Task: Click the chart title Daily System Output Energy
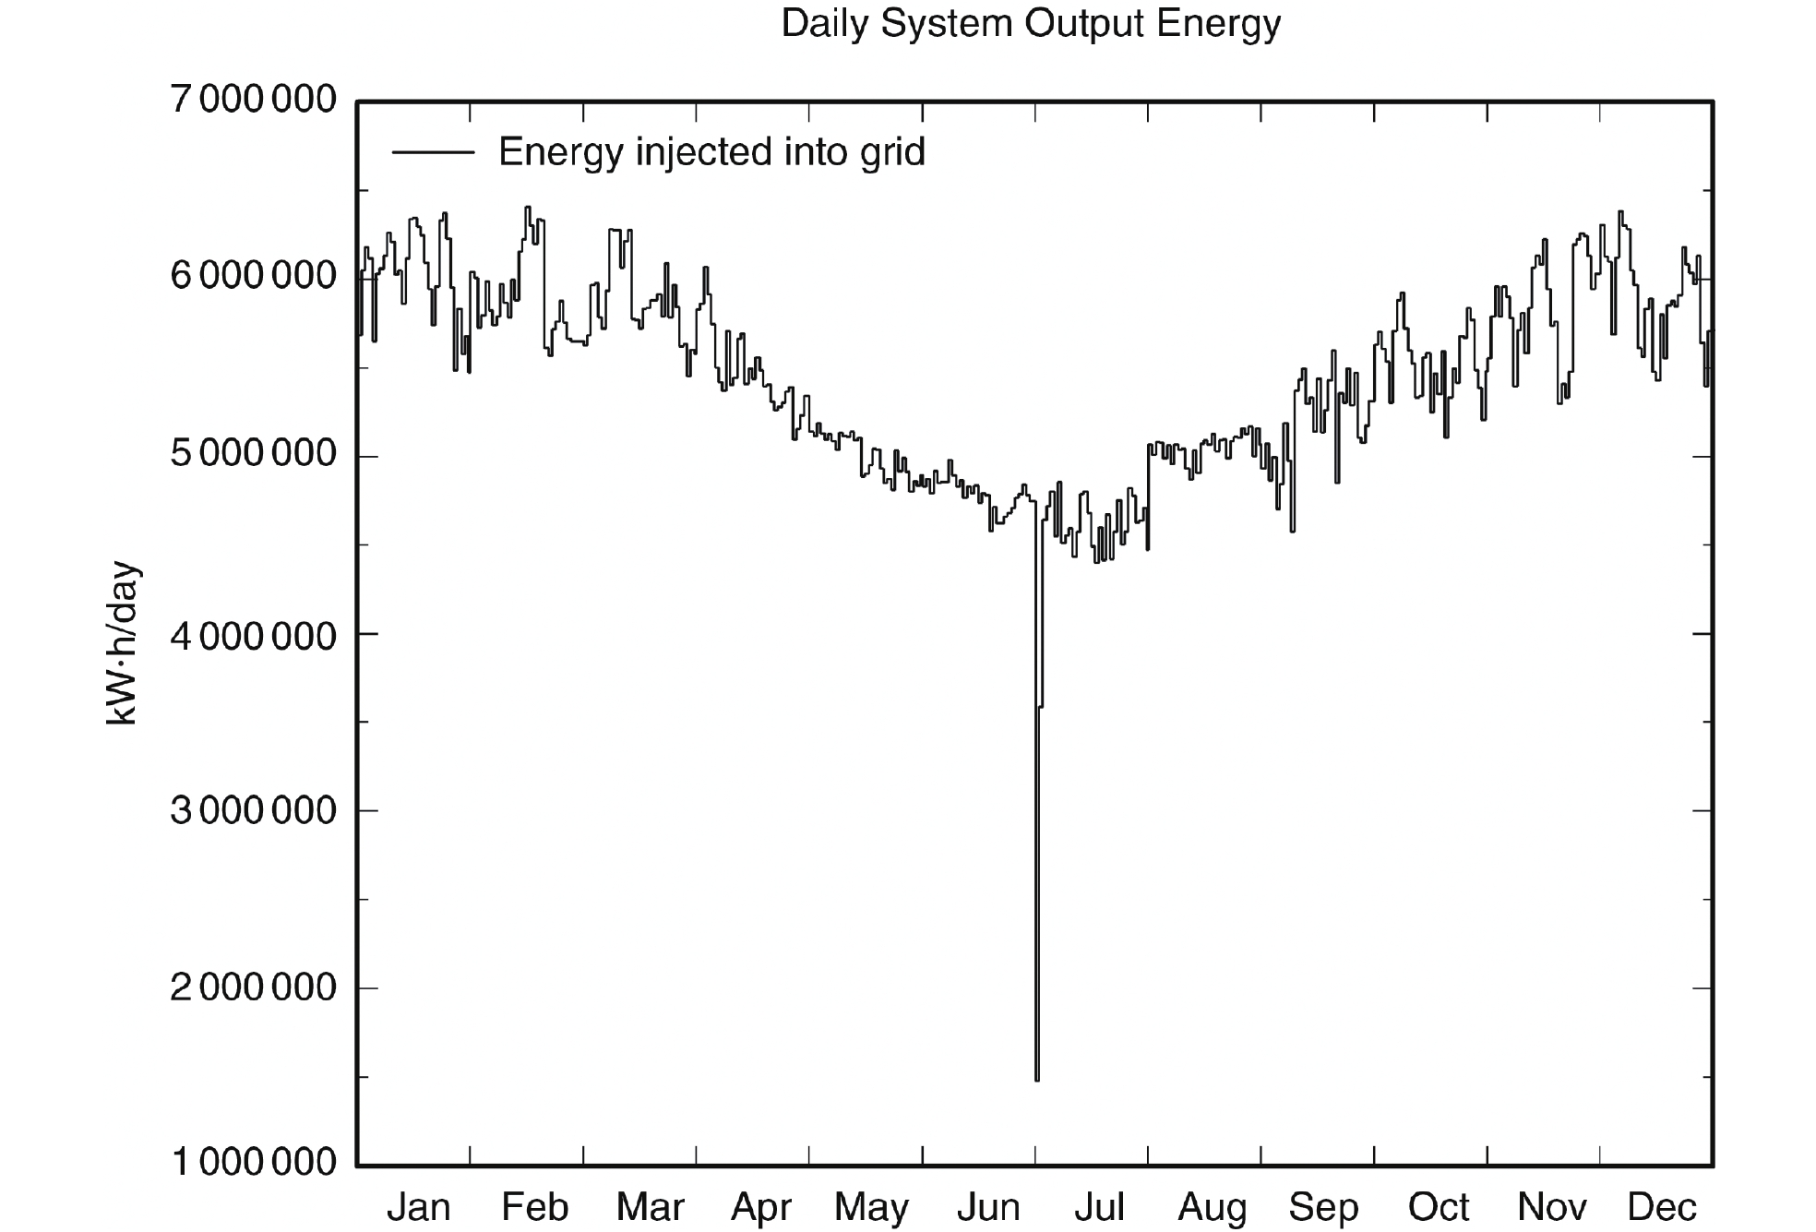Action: tap(1031, 24)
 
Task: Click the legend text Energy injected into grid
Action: tap(711, 152)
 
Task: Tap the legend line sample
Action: tap(433, 152)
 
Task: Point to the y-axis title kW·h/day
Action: tap(122, 643)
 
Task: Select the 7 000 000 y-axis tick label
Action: tap(254, 99)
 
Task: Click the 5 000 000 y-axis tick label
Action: tap(254, 455)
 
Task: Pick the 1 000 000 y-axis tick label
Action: tap(254, 1162)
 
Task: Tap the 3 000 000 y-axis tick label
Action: tap(254, 810)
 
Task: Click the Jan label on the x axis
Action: tap(418, 1207)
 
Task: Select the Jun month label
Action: tap(987, 1207)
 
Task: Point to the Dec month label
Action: tap(1662, 1207)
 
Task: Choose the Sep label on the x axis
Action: tap(1323, 1207)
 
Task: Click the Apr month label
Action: tap(761, 1207)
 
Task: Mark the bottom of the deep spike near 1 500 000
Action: tap(1037, 1078)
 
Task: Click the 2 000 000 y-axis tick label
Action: tap(254, 987)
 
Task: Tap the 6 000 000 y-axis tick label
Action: tap(254, 276)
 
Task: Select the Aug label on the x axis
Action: tap(1212, 1207)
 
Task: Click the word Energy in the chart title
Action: tap(1218, 24)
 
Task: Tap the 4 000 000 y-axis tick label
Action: tap(254, 636)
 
